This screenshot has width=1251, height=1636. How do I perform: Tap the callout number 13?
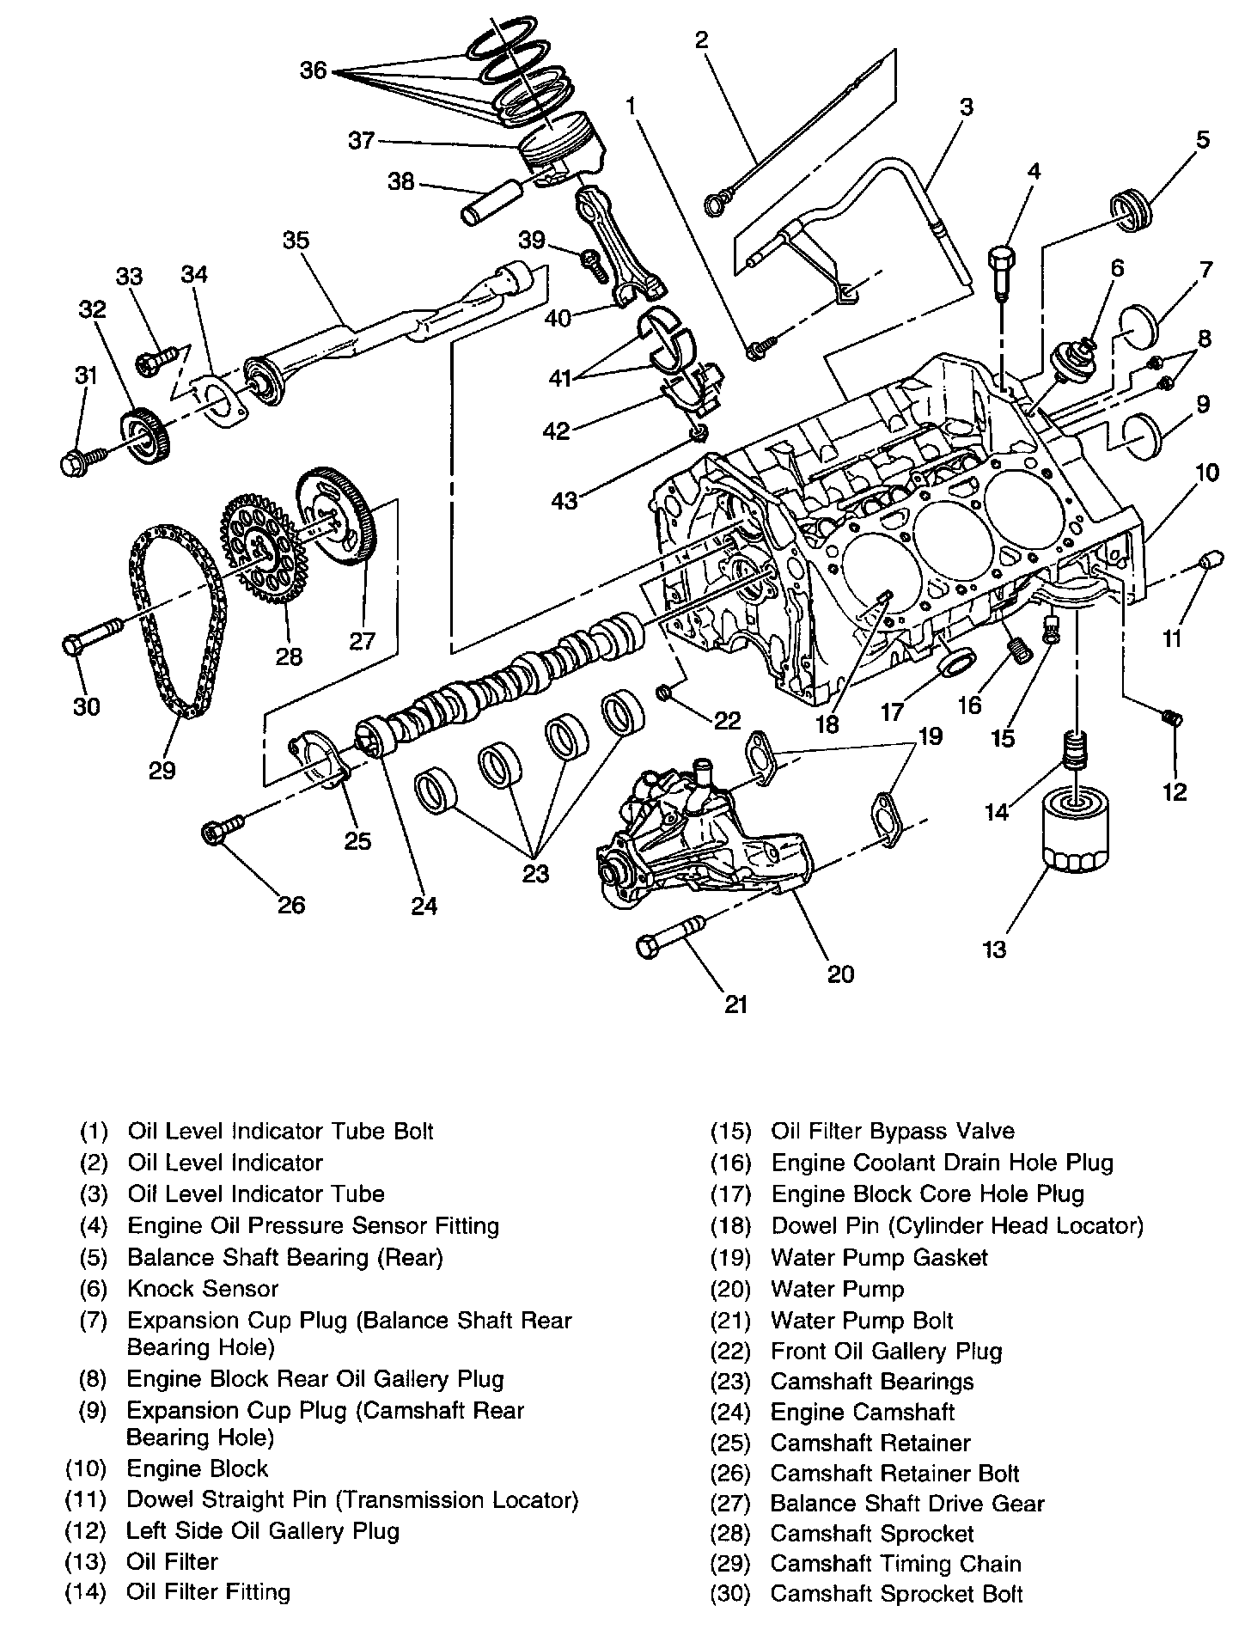click(x=994, y=949)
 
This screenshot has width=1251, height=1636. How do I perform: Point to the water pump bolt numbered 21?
click(x=669, y=937)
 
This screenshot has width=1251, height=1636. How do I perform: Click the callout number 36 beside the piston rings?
click(x=314, y=70)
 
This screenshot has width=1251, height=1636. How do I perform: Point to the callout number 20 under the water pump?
click(x=840, y=973)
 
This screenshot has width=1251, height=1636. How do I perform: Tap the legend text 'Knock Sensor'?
click(x=203, y=1288)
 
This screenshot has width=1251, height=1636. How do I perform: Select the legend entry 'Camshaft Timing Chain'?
click(x=895, y=1563)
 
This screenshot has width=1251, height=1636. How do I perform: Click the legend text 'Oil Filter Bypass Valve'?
click(x=893, y=1131)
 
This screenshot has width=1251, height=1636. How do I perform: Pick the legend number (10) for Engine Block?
click(x=86, y=1468)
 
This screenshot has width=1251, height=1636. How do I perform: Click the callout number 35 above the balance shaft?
click(x=296, y=241)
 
